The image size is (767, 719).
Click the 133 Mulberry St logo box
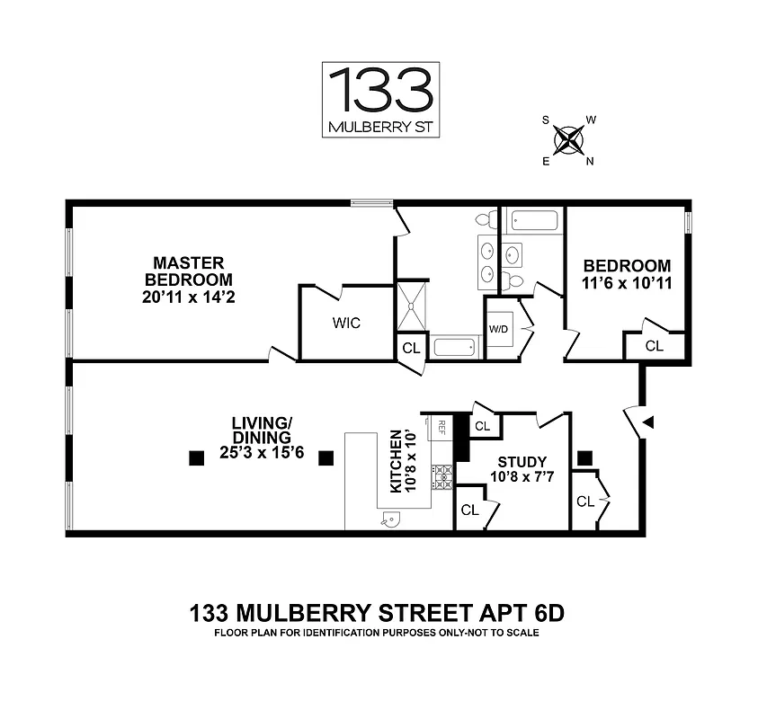[380, 100]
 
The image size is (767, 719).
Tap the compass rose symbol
[567, 139]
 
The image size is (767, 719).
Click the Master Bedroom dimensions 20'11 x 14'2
[188, 295]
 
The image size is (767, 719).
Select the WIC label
[346, 324]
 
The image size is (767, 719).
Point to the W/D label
[497, 329]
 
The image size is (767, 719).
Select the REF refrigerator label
[441, 424]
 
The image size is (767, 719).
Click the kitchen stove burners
[441, 476]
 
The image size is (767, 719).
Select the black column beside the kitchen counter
[326, 458]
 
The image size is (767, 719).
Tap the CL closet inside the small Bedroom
[654, 345]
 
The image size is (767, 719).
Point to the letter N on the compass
[590, 162]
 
